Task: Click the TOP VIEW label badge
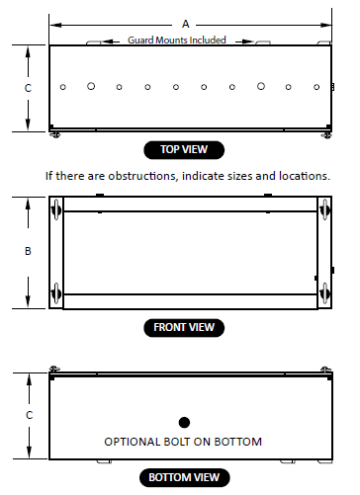(x=184, y=150)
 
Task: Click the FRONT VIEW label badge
(x=184, y=328)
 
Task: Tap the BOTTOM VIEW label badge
(x=184, y=477)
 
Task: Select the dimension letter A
(x=186, y=24)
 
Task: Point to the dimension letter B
(x=28, y=251)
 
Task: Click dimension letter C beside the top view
(x=28, y=88)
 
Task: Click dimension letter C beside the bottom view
(x=30, y=415)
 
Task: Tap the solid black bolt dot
(x=184, y=422)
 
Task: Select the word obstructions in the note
(x=142, y=176)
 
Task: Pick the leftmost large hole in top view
(x=91, y=86)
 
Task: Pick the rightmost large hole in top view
(x=261, y=86)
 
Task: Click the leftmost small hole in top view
(x=63, y=87)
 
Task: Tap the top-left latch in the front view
(x=56, y=209)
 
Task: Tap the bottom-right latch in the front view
(x=324, y=293)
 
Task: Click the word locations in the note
(x=305, y=176)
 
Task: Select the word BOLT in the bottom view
(x=177, y=442)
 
